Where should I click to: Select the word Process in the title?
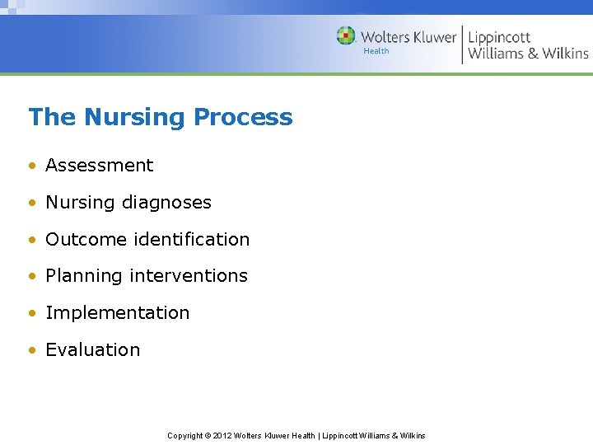click(243, 117)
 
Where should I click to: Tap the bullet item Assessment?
click(99, 165)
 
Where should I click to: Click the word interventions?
click(198, 276)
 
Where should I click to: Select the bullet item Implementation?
click(117, 313)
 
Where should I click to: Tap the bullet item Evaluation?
click(92, 349)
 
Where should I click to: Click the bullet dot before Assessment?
click(31, 166)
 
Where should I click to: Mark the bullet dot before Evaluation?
click(31, 350)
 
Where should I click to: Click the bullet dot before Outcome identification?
click(31, 240)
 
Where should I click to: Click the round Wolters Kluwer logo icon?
click(346, 35)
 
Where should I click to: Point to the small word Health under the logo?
click(376, 51)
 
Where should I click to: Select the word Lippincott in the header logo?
click(499, 37)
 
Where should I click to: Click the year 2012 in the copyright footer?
click(222, 436)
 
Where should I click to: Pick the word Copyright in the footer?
click(185, 436)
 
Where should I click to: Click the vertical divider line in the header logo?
click(462, 44)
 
